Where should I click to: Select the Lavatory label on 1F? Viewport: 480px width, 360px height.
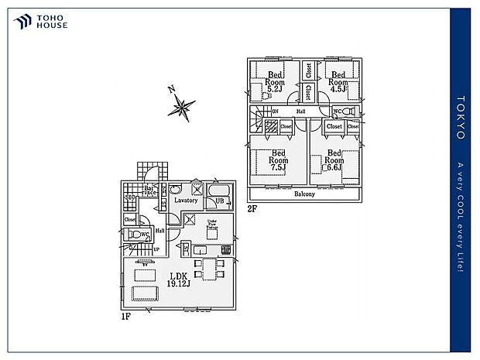tap(186, 201)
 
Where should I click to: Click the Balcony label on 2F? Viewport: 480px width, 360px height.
tap(304, 194)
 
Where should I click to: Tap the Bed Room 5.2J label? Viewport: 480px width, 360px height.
tap(275, 82)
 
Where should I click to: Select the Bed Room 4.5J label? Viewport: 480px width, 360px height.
tap(338, 82)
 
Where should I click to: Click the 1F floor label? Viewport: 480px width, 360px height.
tap(125, 317)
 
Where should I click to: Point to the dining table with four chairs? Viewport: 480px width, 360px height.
tap(208, 269)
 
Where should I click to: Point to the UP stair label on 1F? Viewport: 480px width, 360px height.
tap(156, 249)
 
